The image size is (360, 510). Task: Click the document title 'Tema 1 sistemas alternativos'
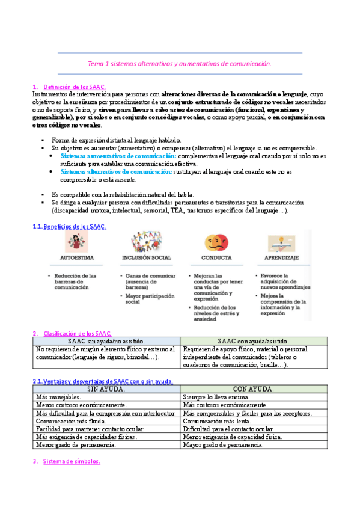click(180, 63)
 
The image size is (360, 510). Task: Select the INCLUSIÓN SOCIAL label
click(146, 257)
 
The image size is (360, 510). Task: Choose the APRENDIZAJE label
click(282, 257)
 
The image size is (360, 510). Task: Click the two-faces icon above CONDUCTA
click(216, 242)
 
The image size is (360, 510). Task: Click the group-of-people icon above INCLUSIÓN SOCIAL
click(145, 242)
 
